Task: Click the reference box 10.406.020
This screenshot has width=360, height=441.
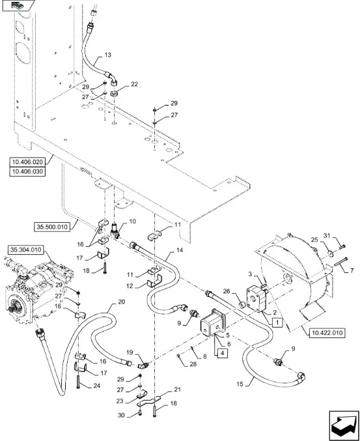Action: pos(27,162)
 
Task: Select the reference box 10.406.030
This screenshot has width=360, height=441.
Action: pos(27,171)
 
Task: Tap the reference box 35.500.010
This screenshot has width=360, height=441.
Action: pos(52,227)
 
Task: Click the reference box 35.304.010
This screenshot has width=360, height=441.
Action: pos(26,249)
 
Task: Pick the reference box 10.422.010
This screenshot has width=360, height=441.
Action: pos(327,333)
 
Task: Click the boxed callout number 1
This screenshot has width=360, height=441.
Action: pos(277,322)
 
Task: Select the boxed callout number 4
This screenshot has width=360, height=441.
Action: pos(222,352)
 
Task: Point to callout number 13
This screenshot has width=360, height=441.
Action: pos(108,55)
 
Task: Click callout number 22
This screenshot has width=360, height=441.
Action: pos(135,85)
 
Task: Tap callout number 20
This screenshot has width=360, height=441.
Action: pos(121,302)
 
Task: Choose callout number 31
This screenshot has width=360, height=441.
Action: pos(327,236)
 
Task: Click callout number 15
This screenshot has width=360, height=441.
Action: pos(240,384)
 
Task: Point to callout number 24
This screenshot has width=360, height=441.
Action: pos(97,386)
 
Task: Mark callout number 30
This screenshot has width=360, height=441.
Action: pos(121,416)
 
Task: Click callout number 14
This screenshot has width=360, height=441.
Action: pos(180,250)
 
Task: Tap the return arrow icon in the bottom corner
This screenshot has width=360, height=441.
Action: pos(344,426)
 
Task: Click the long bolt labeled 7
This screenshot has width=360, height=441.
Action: pos(340,262)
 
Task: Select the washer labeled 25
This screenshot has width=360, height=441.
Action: pos(331,254)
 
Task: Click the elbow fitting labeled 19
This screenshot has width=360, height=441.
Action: pos(144,365)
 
